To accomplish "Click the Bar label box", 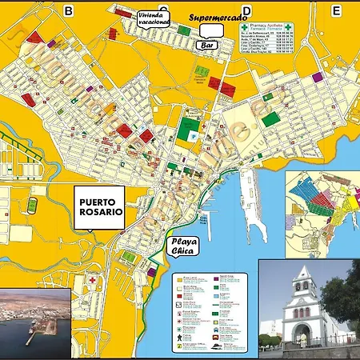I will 205,46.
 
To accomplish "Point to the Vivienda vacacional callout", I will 154,18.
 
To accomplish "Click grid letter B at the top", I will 69,10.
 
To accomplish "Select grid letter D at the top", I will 246,10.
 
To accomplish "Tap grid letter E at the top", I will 335,10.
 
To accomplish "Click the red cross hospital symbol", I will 93,282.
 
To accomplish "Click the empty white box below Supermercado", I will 210,29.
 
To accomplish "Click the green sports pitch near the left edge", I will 32,206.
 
